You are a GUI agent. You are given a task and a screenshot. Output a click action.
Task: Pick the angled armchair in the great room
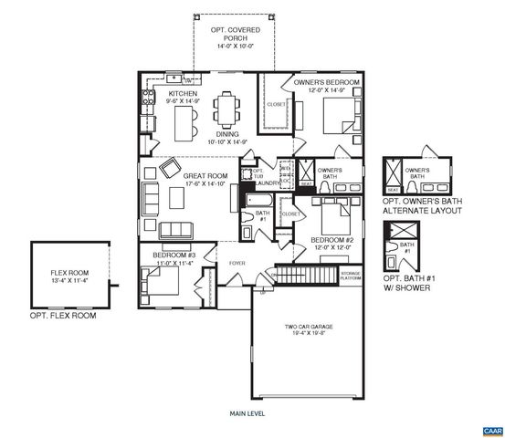point(170,169)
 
